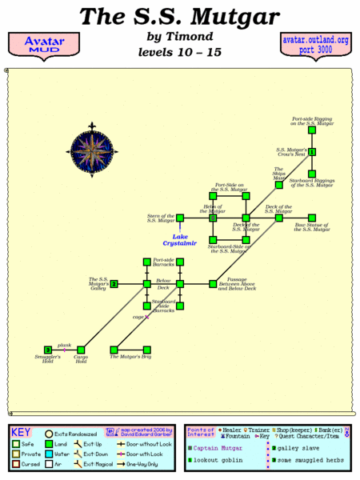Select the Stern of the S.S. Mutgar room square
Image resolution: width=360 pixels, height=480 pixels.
point(181,217)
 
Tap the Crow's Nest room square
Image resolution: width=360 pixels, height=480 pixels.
point(312,151)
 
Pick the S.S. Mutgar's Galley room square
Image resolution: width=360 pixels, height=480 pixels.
point(114,283)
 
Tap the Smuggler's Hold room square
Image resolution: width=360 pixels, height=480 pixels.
point(48,350)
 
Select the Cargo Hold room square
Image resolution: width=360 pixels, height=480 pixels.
point(81,350)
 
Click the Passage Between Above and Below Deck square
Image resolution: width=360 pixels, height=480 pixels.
point(213,283)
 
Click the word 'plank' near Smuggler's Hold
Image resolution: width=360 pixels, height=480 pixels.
point(64,345)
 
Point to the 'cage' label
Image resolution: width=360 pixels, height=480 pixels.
point(137,317)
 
